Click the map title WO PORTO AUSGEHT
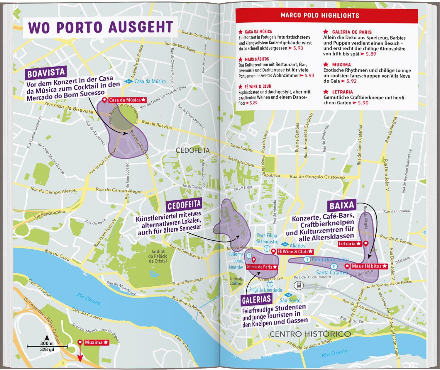pos(100,27)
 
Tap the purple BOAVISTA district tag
pos(46,73)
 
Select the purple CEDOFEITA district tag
pos(184,205)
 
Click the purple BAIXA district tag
pos(342,206)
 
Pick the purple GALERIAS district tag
pos(256,300)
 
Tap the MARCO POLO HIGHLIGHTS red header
pos(320,16)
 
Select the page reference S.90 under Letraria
pos(363,103)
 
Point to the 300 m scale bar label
pos(47,343)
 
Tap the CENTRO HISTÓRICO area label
pos(310,334)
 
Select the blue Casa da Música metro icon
pos(128,82)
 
